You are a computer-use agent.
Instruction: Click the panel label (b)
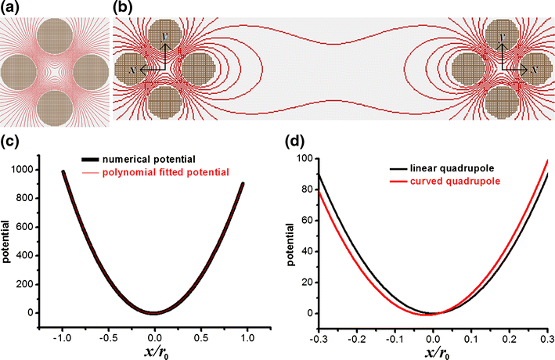[x=123, y=9]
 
